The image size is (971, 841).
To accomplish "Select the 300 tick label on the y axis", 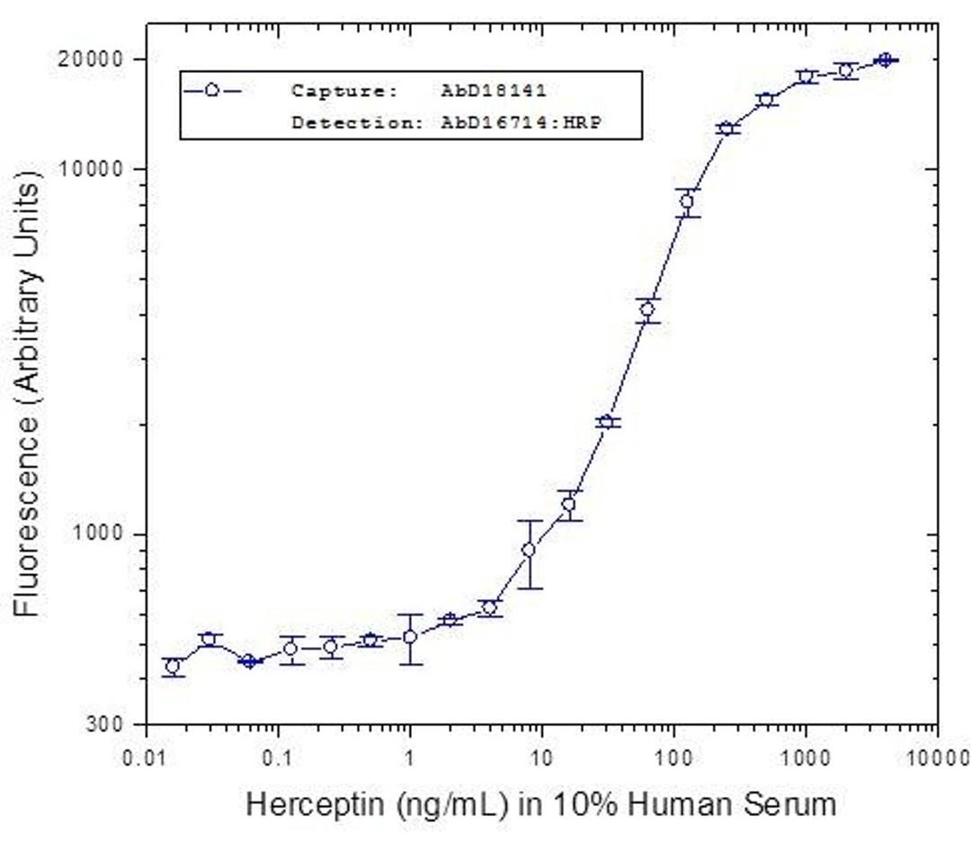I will click(116, 724).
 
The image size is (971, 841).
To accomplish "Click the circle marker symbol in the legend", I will click(211, 91).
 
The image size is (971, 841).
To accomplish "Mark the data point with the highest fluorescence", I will click(886, 59).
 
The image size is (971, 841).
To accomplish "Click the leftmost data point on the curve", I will click(173, 667).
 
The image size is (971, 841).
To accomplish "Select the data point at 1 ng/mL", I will click(410, 637).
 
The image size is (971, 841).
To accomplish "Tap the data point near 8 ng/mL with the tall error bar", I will click(529, 550).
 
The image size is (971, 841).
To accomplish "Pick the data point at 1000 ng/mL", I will click(806, 76).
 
